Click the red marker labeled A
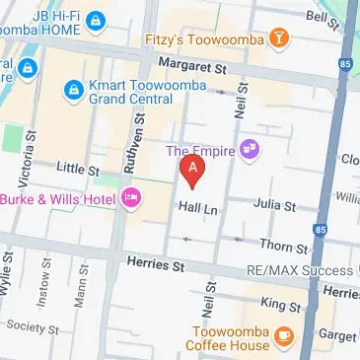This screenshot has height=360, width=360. point(193,171)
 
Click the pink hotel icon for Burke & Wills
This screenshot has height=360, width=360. point(132,200)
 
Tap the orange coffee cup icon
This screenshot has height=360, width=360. point(283,336)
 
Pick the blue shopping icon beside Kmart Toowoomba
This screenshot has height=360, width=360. point(72,91)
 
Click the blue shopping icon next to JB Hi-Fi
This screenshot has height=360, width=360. point(95,20)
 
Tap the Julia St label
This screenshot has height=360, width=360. point(275,206)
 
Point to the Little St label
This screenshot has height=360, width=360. point(79,171)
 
